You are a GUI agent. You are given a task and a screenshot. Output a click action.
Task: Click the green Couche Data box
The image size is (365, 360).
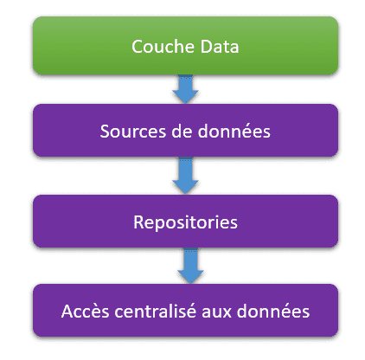(185, 46)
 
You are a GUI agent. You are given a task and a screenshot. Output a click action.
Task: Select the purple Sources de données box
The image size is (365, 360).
(185, 131)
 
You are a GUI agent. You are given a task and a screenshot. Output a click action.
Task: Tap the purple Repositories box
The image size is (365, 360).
(185, 222)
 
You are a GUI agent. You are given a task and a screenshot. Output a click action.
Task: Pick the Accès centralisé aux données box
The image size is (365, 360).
(185, 311)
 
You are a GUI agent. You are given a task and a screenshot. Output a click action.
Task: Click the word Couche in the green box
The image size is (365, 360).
(163, 47)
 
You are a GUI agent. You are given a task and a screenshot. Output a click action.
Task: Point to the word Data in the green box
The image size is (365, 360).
(220, 47)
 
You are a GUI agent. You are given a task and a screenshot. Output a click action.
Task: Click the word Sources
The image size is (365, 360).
(133, 132)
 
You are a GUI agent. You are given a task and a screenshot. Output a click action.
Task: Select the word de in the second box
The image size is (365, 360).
(182, 132)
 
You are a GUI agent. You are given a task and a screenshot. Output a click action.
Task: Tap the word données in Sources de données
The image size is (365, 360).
(234, 132)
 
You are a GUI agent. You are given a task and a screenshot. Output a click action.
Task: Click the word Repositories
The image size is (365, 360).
(185, 222)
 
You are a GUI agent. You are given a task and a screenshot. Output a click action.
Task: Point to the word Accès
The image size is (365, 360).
(85, 312)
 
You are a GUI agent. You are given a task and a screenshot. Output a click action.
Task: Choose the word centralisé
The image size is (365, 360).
(155, 312)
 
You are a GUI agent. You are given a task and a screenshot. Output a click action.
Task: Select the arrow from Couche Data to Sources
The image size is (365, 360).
(185, 89)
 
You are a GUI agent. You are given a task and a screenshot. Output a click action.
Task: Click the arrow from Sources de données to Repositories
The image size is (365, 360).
(185, 176)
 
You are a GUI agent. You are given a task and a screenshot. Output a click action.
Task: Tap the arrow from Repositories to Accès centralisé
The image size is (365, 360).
(190, 266)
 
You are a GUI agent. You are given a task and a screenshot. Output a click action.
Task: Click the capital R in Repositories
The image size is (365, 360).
(138, 222)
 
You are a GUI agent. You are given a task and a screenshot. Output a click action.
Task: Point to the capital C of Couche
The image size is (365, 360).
(137, 47)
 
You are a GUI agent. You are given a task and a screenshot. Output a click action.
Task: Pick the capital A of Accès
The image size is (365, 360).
(67, 312)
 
